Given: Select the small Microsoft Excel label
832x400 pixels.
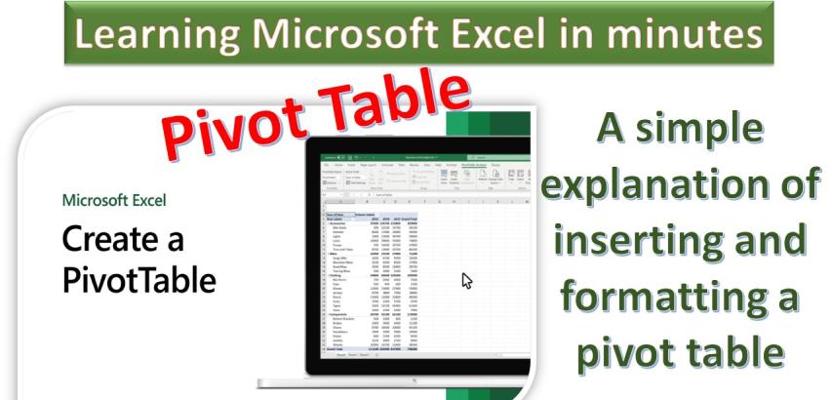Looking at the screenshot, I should click(113, 201).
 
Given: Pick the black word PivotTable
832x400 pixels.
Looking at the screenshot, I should click(139, 280).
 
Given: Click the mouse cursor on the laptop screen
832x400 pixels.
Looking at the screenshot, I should click(467, 280).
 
